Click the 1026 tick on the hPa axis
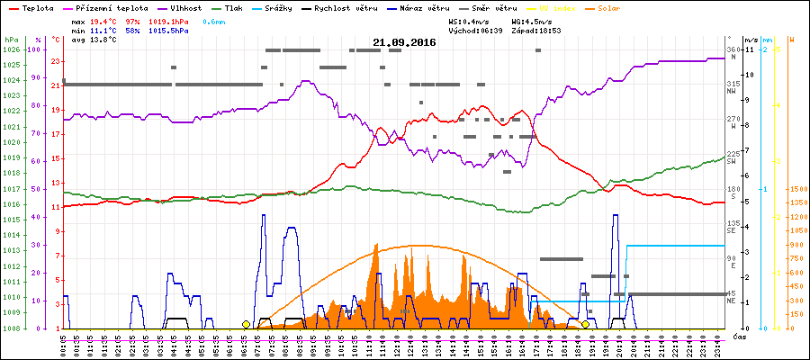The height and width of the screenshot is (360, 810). coord(11,49)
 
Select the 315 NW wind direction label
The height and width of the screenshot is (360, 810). coord(733,86)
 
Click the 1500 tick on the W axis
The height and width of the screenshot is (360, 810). coord(796,190)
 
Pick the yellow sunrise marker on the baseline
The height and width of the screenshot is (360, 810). coord(246,324)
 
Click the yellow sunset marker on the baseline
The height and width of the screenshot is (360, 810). coord(585,324)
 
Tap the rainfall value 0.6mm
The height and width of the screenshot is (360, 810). coord(214,21)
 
